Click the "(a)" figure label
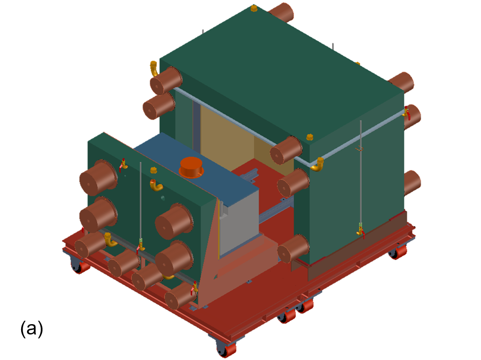pos(31,329)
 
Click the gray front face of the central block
pos(238,223)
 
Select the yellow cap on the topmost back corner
pos(254,8)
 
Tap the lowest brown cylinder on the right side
pos(412,182)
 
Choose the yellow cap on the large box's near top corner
pos(310,137)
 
